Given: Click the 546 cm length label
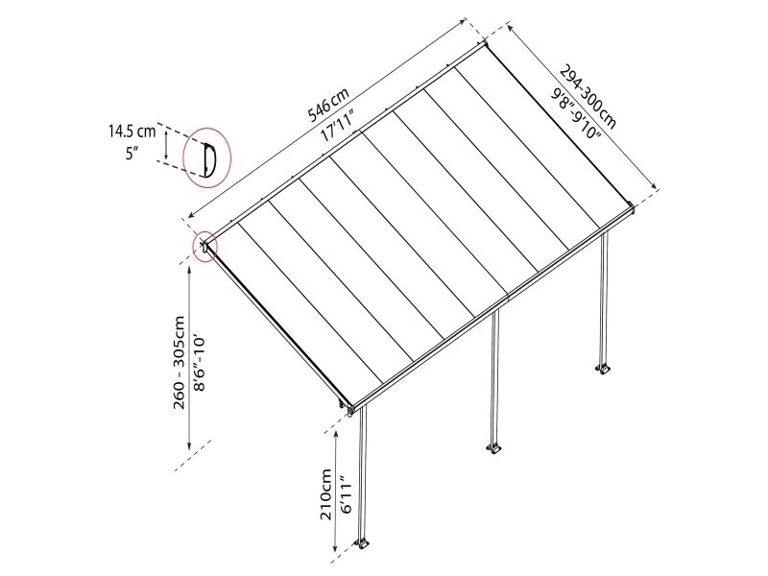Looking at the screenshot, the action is tap(328, 105).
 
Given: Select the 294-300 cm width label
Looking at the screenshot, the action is tap(588, 97).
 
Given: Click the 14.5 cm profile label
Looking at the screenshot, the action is tap(132, 132).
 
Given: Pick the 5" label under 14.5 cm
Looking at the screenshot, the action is tap(132, 154).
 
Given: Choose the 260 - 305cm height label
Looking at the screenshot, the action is tap(179, 363).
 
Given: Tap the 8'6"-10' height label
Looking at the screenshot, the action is tap(199, 363).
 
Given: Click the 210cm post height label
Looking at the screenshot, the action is tap(325, 494).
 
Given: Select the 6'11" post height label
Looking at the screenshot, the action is tap(346, 494).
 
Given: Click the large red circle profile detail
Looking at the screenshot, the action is tap(206, 157).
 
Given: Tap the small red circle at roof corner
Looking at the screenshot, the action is tap(205, 247).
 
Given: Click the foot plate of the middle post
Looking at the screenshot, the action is tap(494, 447).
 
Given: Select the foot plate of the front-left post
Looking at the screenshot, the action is tap(363, 542).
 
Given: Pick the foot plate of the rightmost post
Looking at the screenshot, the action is tap(603, 368).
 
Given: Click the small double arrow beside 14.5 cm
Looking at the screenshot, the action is tap(166, 146).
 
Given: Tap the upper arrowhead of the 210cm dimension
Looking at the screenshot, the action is tap(335, 434).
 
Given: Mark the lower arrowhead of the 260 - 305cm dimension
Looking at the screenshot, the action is tap(189, 445).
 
